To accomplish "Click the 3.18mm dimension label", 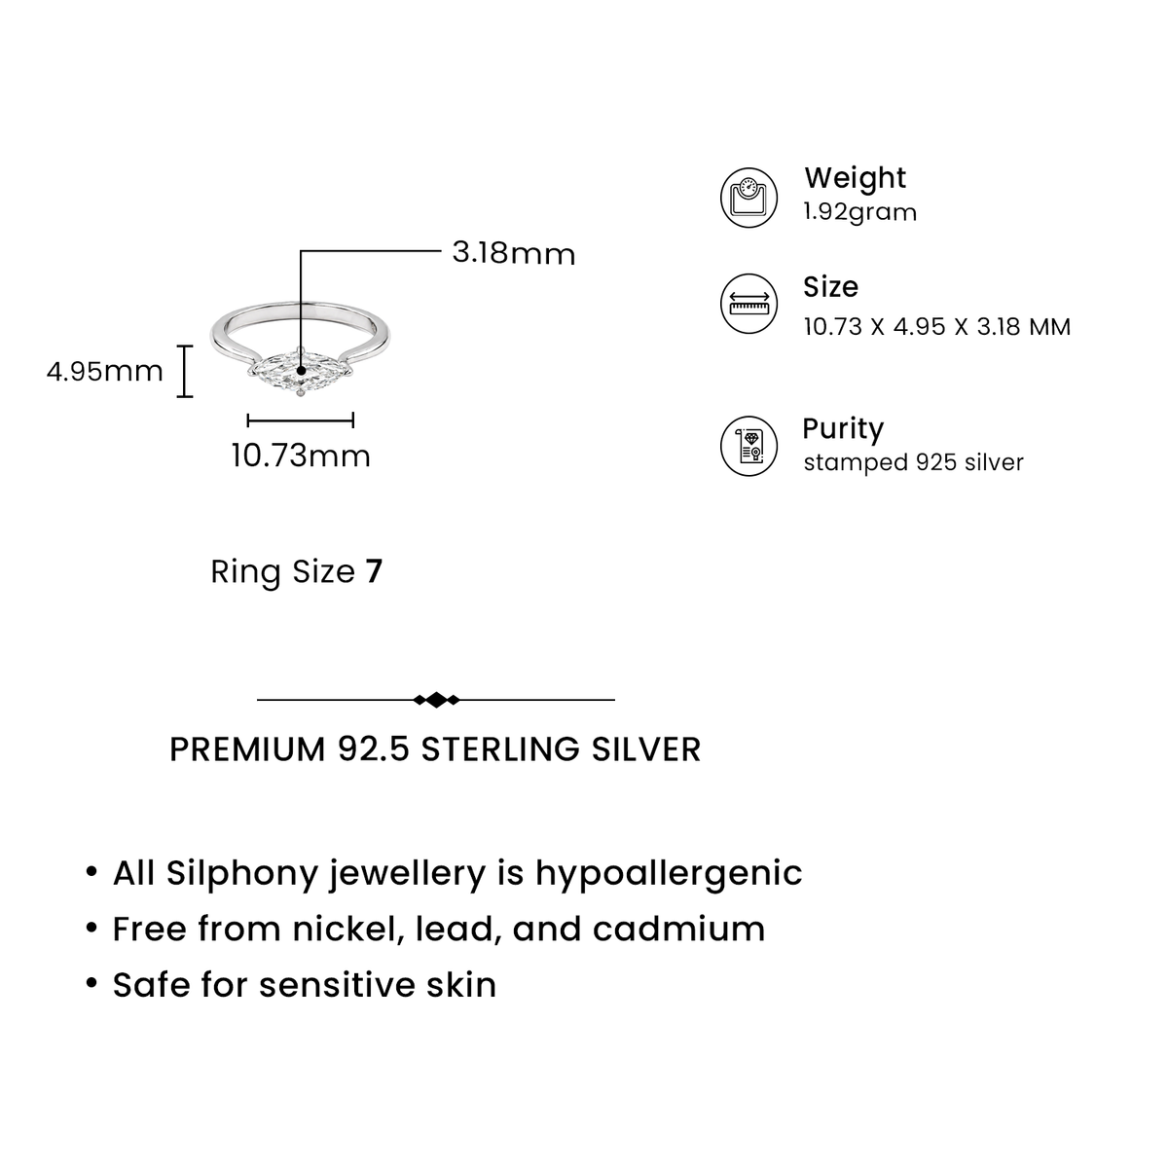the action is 513,253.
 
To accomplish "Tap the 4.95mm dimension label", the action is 105,371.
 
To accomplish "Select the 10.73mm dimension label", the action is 301,456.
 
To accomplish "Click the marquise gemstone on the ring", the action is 301,370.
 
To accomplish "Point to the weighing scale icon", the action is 748,198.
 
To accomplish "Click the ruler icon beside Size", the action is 748,303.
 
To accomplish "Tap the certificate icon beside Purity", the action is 748,446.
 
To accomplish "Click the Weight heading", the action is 855,177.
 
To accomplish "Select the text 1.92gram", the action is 860,213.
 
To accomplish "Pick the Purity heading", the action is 843,429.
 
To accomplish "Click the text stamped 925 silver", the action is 913,462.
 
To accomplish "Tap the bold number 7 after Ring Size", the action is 374,571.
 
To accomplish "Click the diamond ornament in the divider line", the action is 436,700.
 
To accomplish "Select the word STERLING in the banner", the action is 500,749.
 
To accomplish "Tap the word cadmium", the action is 678,929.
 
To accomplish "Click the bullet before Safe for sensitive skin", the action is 91,983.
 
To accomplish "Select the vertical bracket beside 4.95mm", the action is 185,371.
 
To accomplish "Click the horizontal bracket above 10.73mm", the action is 301,420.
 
